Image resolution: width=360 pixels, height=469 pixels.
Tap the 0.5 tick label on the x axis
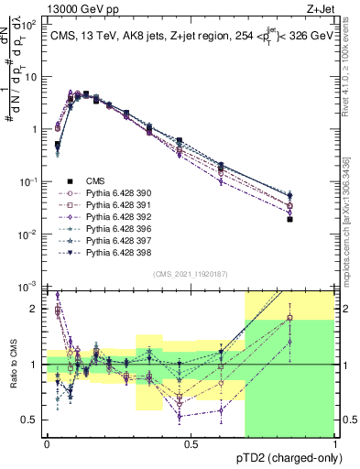pyautogui.click(x=191, y=443)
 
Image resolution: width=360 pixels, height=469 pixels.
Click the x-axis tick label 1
pyautogui.click(x=334, y=443)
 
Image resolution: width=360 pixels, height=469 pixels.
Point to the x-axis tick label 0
pyautogui.click(x=47, y=443)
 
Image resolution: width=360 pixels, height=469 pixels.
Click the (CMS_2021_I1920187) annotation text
pyautogui.click(x=191, y=272)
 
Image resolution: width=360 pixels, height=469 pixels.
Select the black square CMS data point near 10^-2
pyautogui.click(x=316, y=219)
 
